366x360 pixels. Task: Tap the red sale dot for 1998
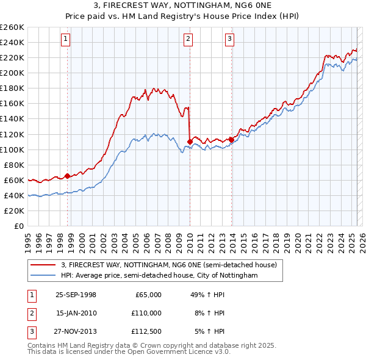click(67, 176)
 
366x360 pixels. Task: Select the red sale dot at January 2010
click(190, 142)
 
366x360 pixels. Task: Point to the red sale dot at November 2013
click(232, 140)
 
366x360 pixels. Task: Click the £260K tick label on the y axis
click(12, 27)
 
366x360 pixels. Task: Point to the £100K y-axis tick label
click(12, 149)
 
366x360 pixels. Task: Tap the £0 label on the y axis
click(19, 226)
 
